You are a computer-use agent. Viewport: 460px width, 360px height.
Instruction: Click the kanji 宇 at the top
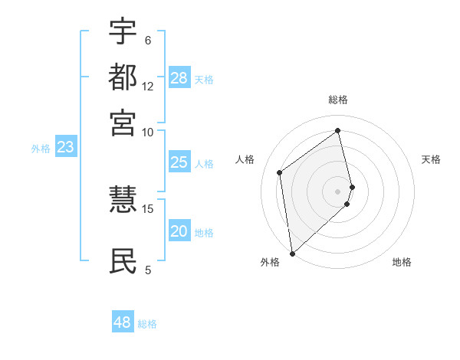[123, 32]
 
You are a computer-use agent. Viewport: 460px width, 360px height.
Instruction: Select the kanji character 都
[123, 77]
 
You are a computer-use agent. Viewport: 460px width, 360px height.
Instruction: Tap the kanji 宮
[123, 123]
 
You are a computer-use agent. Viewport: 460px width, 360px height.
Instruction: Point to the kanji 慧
[123, 200]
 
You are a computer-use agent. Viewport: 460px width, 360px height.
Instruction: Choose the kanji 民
[123, 261]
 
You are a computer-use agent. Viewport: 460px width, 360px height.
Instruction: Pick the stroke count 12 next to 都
[148, 86]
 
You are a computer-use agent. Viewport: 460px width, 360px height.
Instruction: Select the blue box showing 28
[179, 78]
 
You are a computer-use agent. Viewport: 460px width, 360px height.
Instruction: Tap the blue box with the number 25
[179, 162]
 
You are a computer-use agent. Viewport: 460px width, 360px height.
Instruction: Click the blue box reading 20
[179, 231]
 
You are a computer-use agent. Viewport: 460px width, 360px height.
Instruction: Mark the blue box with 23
[65, 147]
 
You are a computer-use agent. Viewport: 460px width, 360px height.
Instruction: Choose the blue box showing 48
[123, 322]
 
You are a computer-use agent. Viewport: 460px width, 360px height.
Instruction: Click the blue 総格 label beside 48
[147, 324]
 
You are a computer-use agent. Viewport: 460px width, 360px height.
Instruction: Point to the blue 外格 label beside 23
[40, 149]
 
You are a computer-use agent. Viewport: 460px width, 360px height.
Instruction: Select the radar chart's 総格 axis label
[338, 100]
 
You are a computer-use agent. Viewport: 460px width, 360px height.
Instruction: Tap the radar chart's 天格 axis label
[432, 159]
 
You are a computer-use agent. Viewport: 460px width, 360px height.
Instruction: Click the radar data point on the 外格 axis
[292, 253]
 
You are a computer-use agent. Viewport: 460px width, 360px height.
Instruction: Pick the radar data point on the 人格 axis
[280, 172]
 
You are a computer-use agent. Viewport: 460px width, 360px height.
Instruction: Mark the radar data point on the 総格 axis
[338, 131]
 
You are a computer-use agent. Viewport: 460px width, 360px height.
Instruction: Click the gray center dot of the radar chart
[338, 191]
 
